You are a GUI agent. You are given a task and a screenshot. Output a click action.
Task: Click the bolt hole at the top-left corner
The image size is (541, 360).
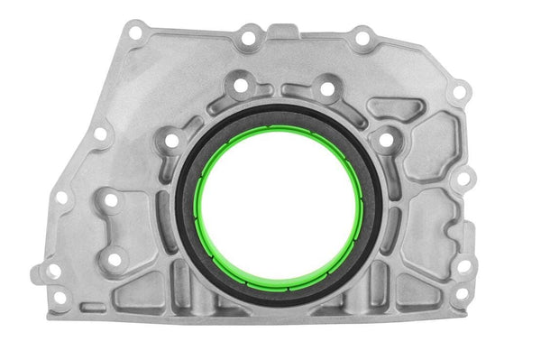135,33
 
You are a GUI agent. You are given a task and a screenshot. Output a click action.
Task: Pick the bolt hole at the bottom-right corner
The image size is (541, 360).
462,293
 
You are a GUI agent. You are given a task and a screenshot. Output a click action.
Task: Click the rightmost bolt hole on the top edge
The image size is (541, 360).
362,39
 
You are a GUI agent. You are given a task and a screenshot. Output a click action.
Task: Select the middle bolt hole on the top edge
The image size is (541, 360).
246,39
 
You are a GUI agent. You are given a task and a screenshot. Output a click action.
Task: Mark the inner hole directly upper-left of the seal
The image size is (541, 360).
171,140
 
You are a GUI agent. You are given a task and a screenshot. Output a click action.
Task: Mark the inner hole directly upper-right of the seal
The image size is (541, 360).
386,140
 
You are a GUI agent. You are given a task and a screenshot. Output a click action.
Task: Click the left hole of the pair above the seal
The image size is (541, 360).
240,87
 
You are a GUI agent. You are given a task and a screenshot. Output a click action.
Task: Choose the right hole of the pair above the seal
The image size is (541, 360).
327,88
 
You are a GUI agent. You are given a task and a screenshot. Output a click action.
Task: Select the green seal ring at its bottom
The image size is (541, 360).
280,285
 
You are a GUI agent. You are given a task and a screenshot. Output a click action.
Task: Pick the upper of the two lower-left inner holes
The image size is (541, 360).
110,201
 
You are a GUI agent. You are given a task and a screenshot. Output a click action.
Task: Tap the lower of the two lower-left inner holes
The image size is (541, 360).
115,259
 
